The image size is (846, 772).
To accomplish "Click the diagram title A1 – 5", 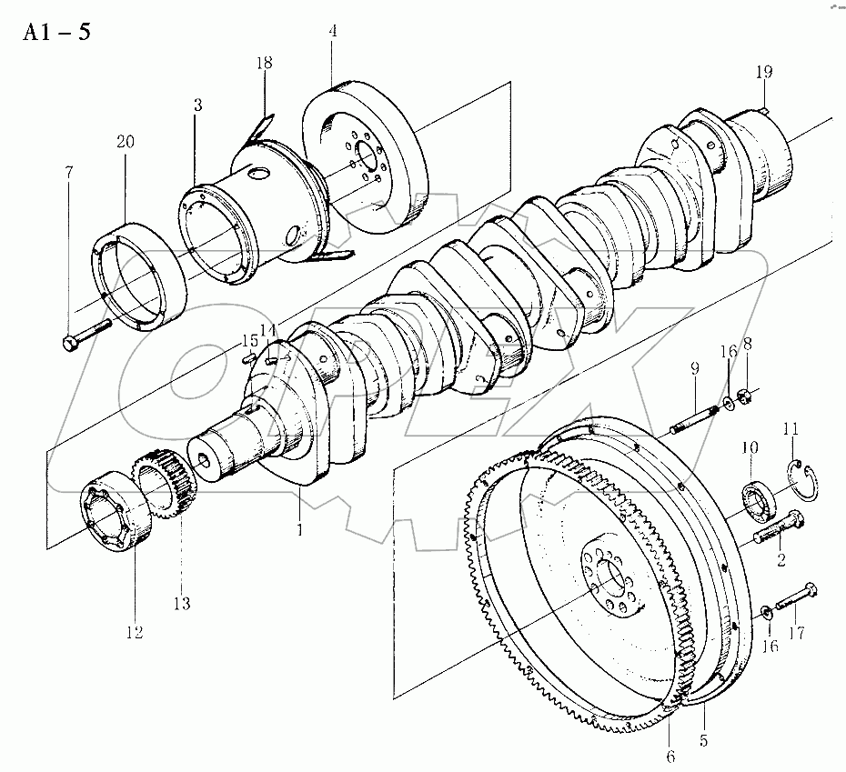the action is pyautogui.click(x=56, y=33).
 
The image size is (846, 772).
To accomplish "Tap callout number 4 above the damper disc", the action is pyautogui.click(x=333, y=31).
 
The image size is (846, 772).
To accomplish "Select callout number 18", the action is pyautogui.click(x=264, y=63).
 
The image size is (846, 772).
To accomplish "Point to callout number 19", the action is pyautogui.click(x=764, y=71).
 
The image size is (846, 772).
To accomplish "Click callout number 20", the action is pyautogui.click(x=126, y=142).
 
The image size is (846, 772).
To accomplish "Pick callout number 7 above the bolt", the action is pyautogui.click(x=68, y=172).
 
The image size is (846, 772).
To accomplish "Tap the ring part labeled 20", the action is pyautogui.click(x=140, y=276).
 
